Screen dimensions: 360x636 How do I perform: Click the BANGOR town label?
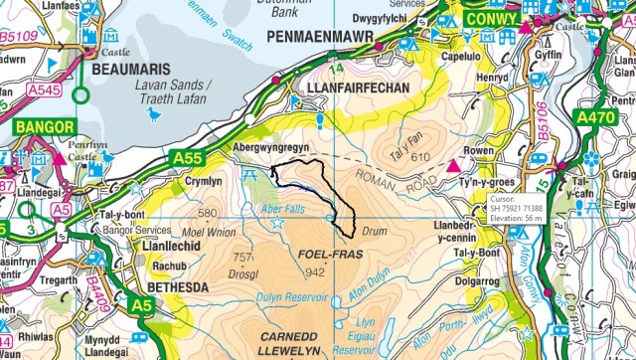[x=43, y=127]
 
